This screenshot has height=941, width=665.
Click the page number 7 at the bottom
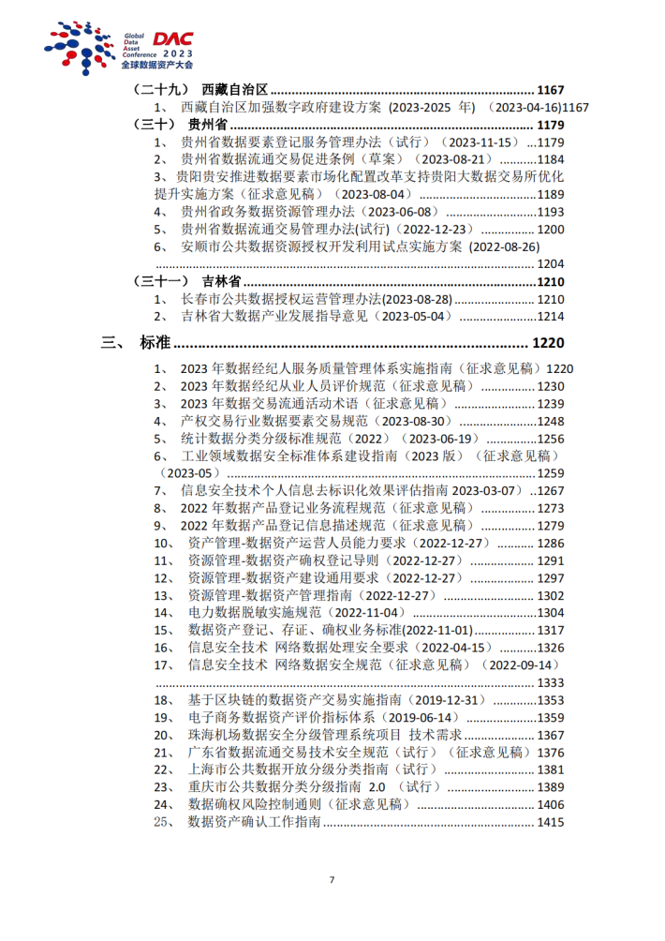[x=332, y=879]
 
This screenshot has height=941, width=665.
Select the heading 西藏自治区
[x=235, y=90]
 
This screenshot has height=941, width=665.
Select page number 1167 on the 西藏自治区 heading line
[x=551, y=90]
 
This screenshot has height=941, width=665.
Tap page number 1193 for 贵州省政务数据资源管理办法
[x=551, y=212]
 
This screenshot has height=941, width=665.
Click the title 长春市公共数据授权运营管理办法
[x=281, y=299]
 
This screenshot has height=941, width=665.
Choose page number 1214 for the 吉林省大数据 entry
[x=551, y=317]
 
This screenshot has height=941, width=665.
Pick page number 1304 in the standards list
[x=551, y=613]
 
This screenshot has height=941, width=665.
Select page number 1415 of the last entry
[x=551, y=822]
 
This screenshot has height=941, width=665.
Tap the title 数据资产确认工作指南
[x=255, y=822]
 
